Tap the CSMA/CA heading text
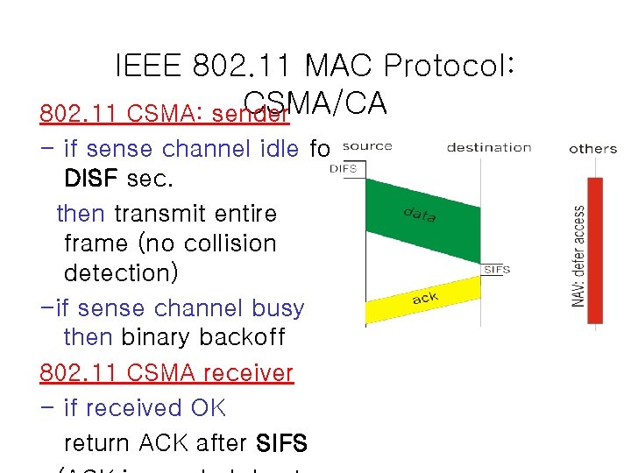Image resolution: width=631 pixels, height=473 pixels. (x=315, y=104)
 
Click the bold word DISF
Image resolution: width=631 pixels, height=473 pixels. (x=91, y=179)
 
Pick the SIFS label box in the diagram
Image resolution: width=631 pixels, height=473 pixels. (x=496, y=269)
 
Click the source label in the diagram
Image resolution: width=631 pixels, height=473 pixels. (x=367, y=146)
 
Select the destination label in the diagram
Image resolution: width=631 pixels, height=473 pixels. (x=488, y=147)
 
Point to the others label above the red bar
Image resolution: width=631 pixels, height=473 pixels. (x=592, y=148)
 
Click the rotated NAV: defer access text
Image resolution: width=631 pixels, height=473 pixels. (x=579, y=256)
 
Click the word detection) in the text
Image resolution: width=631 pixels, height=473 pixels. (x=121, y=273)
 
